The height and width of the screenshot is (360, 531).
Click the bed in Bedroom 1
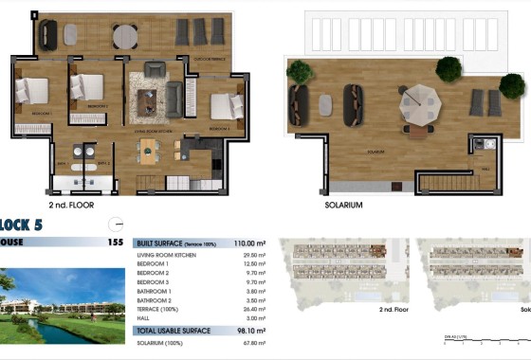point(31,90)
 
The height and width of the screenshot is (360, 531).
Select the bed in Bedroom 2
point(87,87)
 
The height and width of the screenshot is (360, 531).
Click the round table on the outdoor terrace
point(125,37)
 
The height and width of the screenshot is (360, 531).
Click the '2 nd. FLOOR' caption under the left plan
point(70,205)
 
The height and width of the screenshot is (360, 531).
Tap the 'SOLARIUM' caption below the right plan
point(343,205)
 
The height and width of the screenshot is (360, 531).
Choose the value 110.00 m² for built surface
point(250,243)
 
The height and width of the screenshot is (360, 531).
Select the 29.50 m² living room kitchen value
point(252,255)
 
